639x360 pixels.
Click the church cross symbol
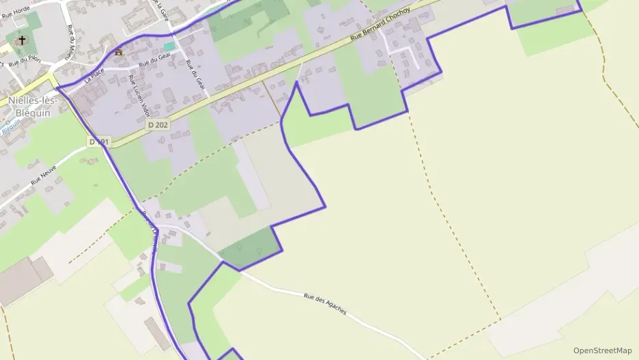[x=22, y=40]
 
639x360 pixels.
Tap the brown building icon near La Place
[x=119, y=52]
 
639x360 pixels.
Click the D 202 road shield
[x=157, y=125]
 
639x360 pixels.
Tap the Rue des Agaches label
[x=325, y=305]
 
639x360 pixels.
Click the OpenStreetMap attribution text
[x=602, y=350]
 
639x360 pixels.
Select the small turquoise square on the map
[x=169, y=46]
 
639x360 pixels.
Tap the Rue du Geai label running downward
[x=195, y=75]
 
